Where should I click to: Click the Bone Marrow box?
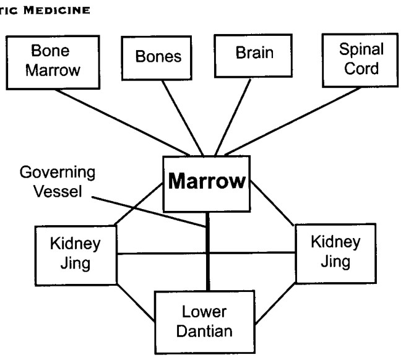(x=53, y=62)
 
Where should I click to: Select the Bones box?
(x=157, y=58)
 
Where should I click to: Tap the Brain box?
(x=254, y=56)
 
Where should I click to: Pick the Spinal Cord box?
(x=360, y=60)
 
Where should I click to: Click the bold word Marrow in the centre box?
(x=207, y=181)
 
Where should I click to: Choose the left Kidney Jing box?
(x=76, y=255)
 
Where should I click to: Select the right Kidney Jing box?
(x=335, y=254)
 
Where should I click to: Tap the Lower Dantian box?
(x=205, y=322)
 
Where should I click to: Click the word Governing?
(x=58, y=173)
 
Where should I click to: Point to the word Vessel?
(x=58, y=192)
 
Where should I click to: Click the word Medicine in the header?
(x=57, y=11)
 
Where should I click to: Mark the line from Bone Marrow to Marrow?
(x=122, y=122)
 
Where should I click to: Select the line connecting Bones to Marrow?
(x=183, y=118)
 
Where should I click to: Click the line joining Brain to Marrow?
(x=233, y=117)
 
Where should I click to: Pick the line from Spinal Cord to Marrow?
(x=293, y=121)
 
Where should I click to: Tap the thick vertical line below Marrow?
(x=208, y=251)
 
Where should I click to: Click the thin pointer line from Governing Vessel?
(x=149, y=212)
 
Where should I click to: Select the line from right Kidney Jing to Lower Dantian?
(x=275, y=303)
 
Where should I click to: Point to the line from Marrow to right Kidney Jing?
(x=272, y=203)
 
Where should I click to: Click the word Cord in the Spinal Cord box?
(x=361, y=69)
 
